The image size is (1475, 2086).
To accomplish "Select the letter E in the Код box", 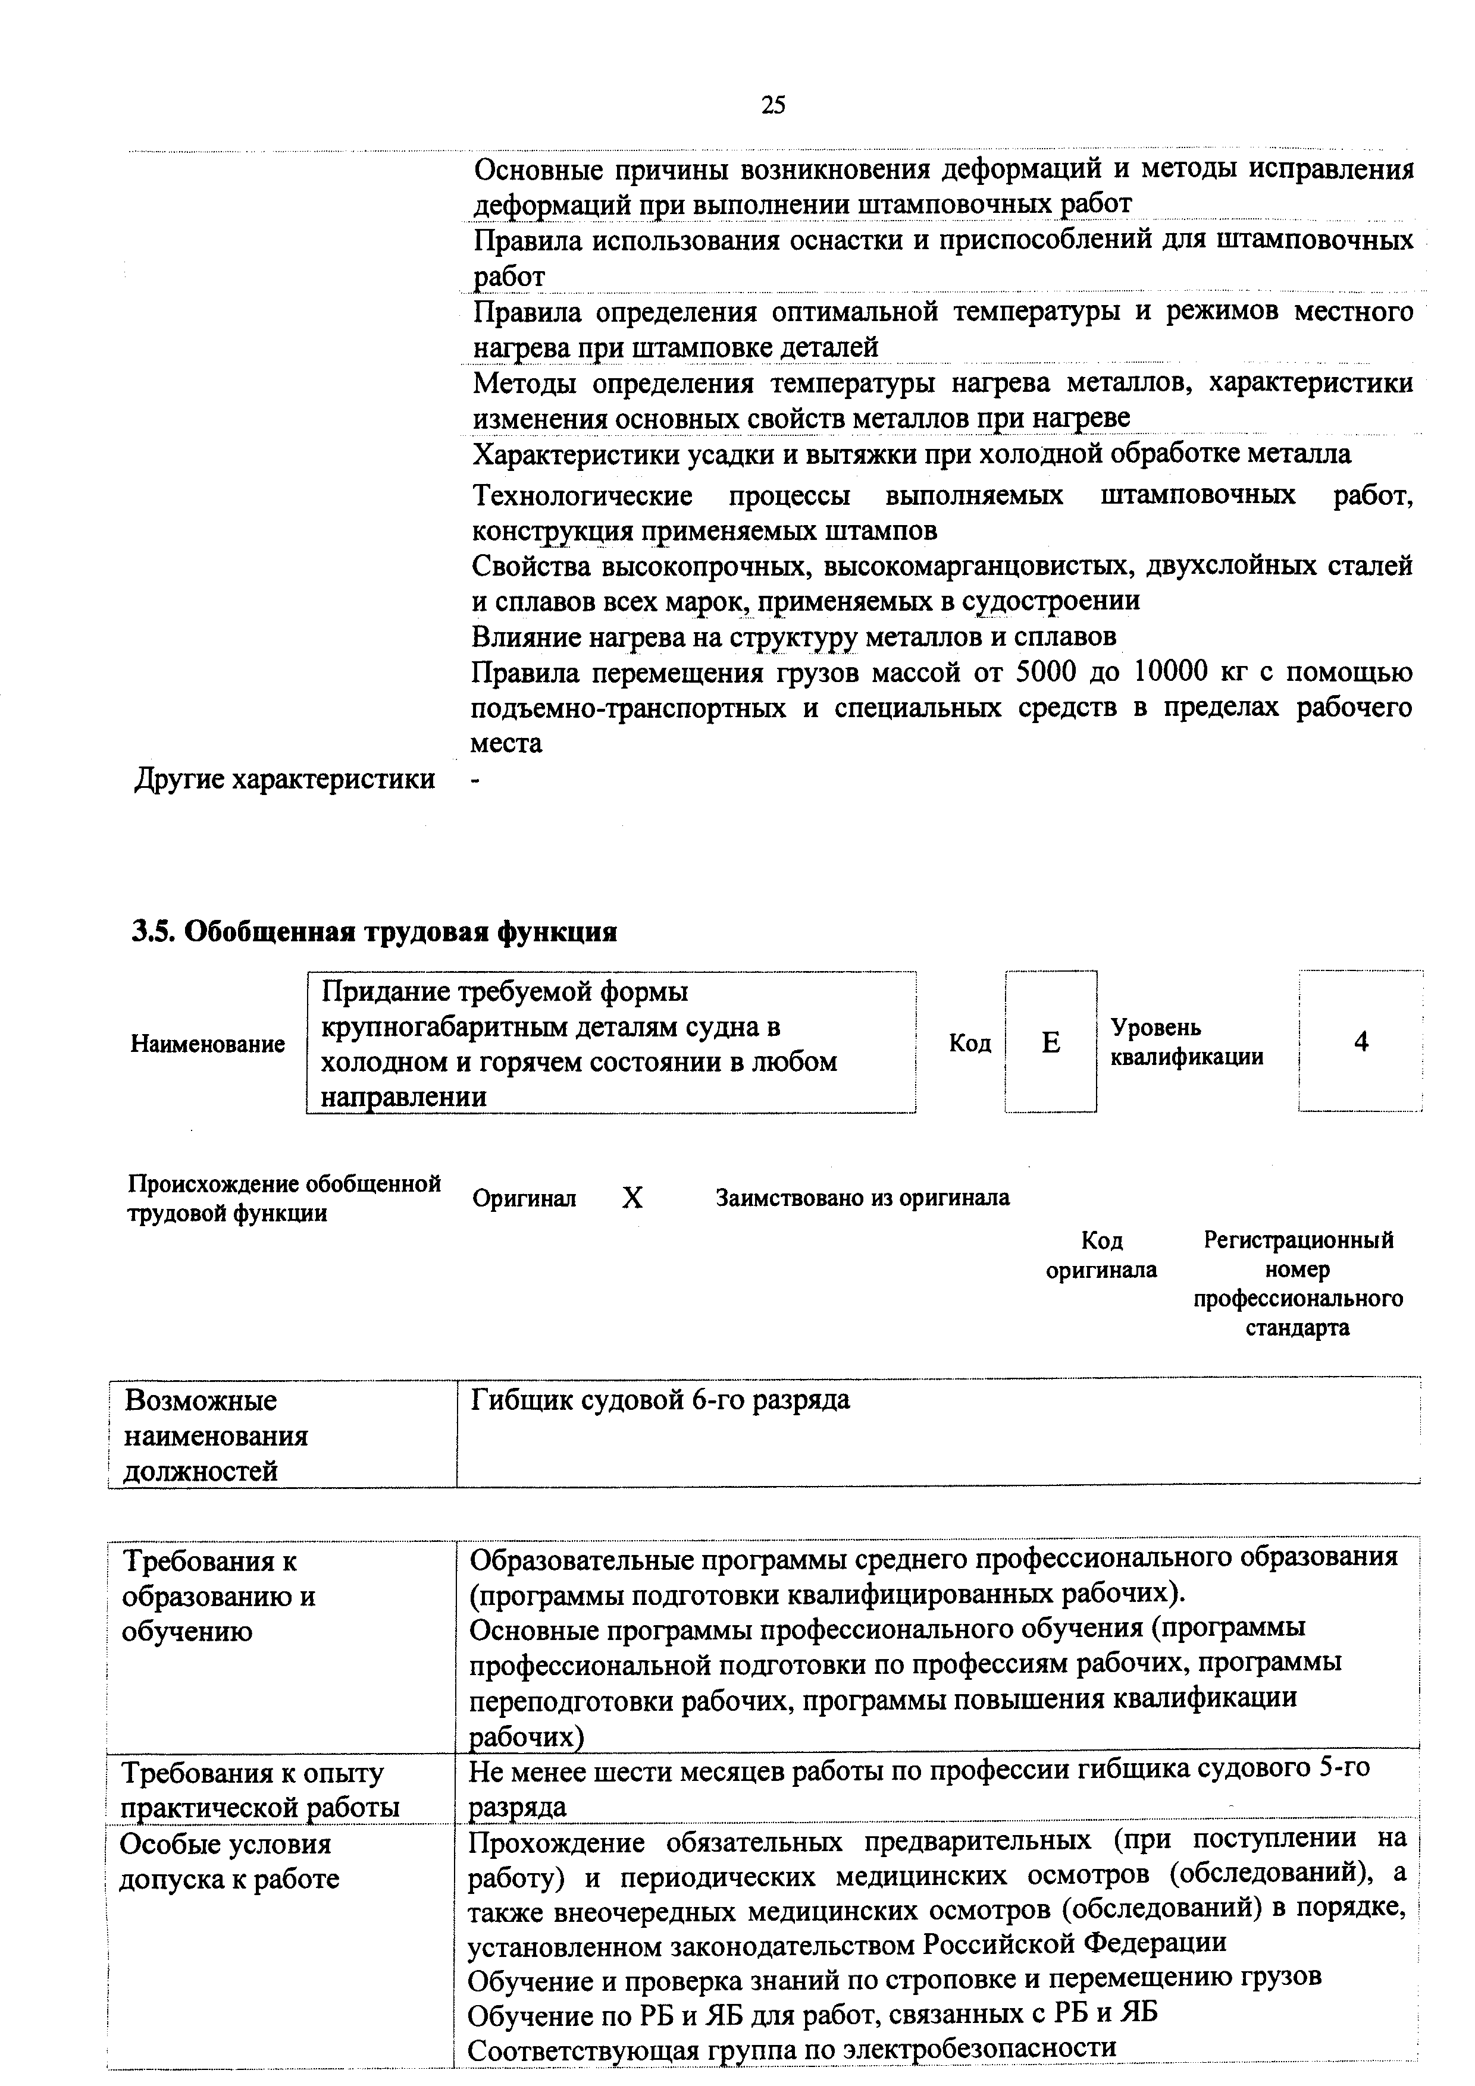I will click(x=1051, y=1042).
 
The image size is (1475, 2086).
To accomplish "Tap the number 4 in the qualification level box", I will click(x=1361, y=1042).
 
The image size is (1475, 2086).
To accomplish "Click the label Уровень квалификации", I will click(x=1186, y=1042).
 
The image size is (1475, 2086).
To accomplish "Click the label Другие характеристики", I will click(x=284, y=778).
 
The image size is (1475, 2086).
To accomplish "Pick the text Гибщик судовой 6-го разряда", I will click(x=660, y=1400).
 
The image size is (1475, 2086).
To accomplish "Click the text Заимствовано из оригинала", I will click(x=863, y=1198).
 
